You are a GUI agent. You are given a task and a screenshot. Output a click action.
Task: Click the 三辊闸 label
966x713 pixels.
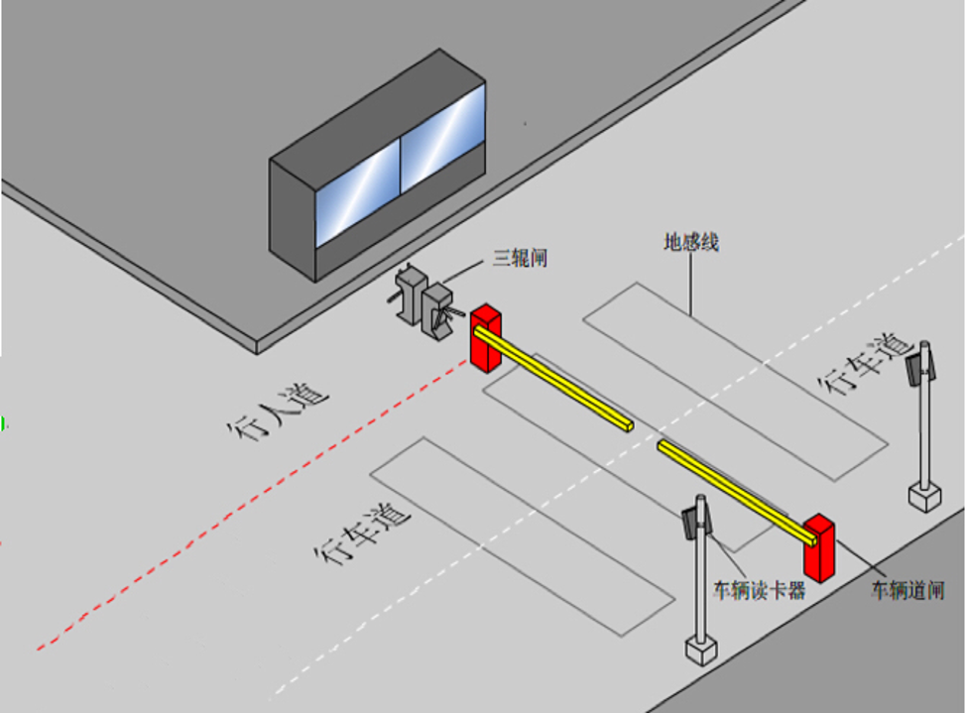click(521, 259)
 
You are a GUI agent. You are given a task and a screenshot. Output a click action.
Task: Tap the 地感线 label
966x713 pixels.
click(691, 242)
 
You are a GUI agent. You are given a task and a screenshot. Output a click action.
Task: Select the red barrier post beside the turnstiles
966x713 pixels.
click(486, 338)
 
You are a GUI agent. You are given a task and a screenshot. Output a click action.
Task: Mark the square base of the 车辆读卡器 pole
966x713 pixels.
click(700, 650)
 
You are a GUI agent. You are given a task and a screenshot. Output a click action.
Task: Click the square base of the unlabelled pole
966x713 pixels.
click(924, 494)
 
